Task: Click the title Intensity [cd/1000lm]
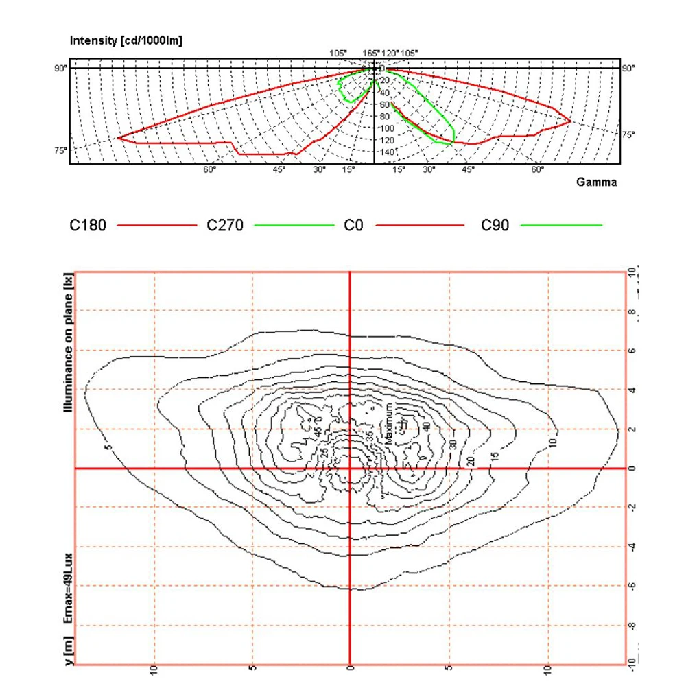(x=126, y=40)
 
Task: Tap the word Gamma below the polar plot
(x=596, y=182)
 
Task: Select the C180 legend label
(x=88, y=225)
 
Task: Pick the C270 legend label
(x=225, y=225)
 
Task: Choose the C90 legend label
(x=495, y=225)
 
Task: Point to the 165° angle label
(x=371, y=54)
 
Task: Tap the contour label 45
(x=317, y=433)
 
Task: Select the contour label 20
(x=471, y=460)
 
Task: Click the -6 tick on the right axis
(x=632, y=586)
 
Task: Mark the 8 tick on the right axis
(x=632, y=311)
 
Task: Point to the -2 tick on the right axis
(x=632, y=507)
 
